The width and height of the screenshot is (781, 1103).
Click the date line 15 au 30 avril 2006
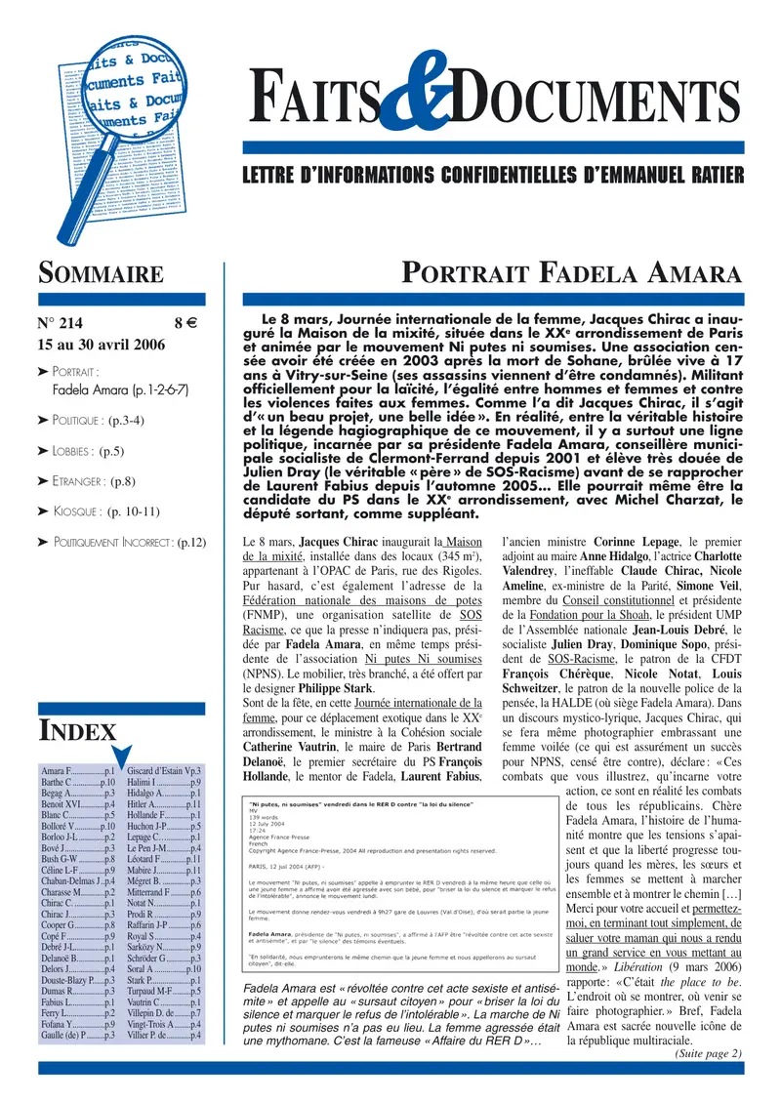101,346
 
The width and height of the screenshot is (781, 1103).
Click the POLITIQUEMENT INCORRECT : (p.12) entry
129,541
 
